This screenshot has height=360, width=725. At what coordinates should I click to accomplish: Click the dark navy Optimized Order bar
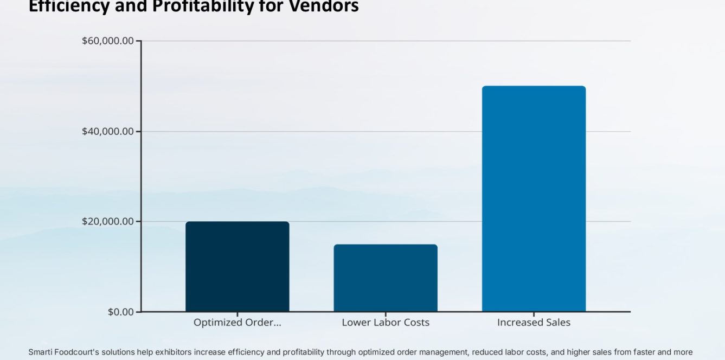[237, 266]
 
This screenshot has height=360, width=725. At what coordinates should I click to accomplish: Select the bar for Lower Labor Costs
[385, 278]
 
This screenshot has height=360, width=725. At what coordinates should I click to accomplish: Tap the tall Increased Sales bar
[534, 198]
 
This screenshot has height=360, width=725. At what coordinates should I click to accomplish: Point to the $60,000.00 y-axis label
[107, 41]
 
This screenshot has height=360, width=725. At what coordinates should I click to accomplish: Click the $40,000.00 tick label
[107, 131]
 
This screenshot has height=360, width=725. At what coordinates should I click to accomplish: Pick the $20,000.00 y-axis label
[107, 221]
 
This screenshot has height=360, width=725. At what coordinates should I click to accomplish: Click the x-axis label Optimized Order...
[237, 323]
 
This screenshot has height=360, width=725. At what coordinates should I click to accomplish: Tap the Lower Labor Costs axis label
[385, 323]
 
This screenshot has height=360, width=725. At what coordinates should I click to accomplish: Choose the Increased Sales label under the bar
[534, 323]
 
